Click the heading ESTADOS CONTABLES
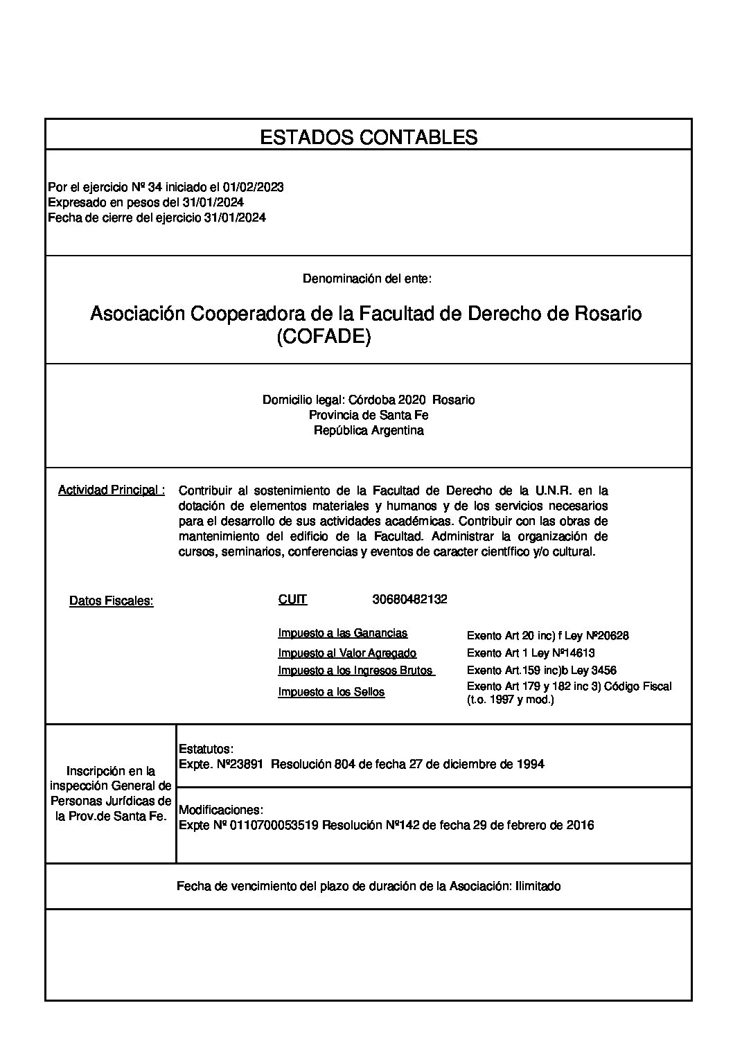point(368,137)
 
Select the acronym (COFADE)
point(324,337)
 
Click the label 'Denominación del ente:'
point(367,278)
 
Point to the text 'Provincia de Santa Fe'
point(368,415)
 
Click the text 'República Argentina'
point(368,430)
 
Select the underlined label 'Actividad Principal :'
point(112,490)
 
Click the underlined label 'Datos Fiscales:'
point(111,601)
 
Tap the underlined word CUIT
point(292,600)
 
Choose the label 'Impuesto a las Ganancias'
point(342,633)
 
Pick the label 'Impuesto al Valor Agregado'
point(347,653)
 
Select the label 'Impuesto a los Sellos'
point(331,692)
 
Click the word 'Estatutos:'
point(206,749)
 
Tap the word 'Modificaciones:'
point(221,810)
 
